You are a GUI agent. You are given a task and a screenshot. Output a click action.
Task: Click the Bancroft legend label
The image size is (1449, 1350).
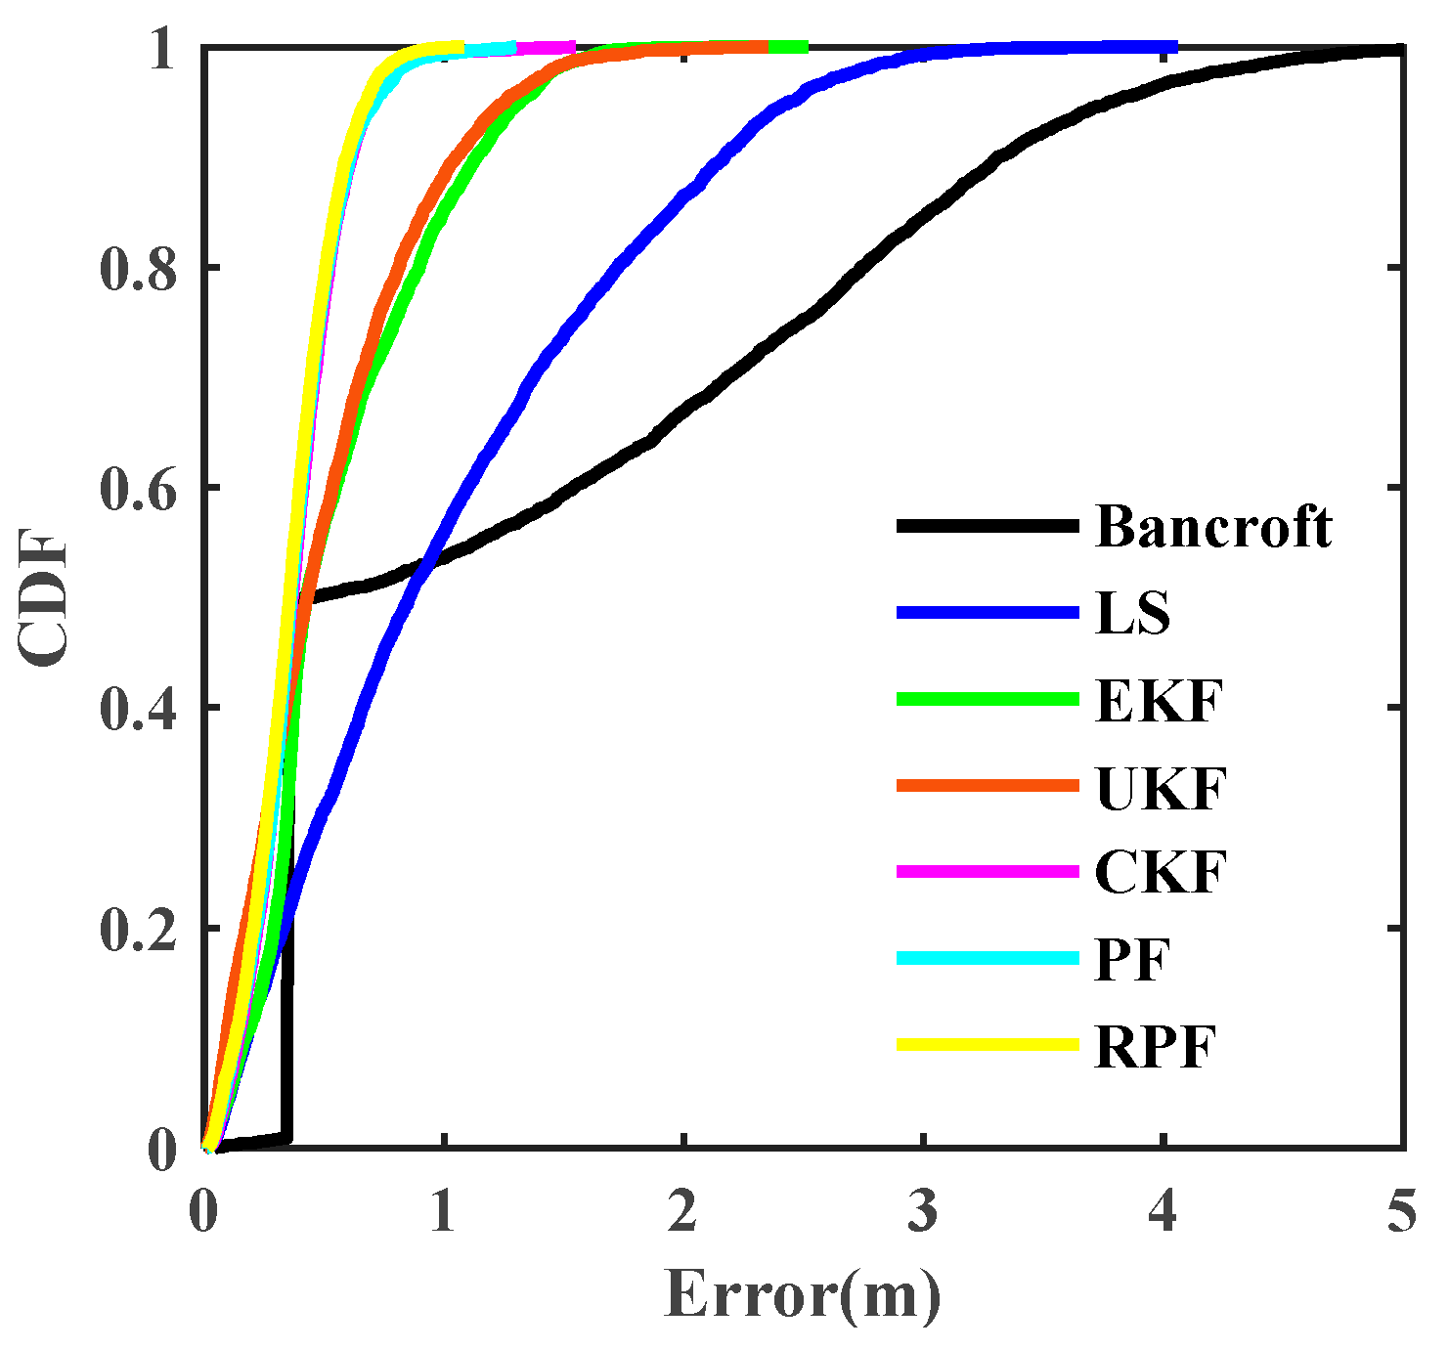(1213, 527)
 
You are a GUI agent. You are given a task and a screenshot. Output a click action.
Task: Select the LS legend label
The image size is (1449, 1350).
(1132, 614)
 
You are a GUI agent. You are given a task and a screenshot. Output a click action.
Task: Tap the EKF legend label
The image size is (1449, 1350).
(1160, 700)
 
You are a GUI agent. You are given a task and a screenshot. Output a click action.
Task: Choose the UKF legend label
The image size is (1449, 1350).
(1161, 787)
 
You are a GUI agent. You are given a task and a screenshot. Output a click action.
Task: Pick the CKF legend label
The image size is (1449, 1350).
(1160, 873)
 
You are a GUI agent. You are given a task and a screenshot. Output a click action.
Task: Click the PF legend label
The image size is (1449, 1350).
(1132, 960)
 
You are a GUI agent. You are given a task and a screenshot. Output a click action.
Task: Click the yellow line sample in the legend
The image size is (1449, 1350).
(988, 1045)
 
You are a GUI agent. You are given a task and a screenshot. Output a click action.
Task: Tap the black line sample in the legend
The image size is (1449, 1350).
(988, 527)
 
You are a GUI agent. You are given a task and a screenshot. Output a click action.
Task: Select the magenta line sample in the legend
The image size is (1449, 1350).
(988, 872)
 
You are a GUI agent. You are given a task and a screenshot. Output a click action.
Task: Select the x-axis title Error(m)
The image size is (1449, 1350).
(803, 1295)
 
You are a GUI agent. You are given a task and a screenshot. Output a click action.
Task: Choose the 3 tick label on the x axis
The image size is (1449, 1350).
(923, 1212)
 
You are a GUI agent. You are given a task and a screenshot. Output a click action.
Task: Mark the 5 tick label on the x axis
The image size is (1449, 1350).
(1402, 1212)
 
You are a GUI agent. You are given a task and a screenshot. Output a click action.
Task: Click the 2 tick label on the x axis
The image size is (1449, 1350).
(683, 1212)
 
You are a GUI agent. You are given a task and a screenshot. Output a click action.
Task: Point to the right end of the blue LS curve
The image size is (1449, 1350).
(1173, 47)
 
